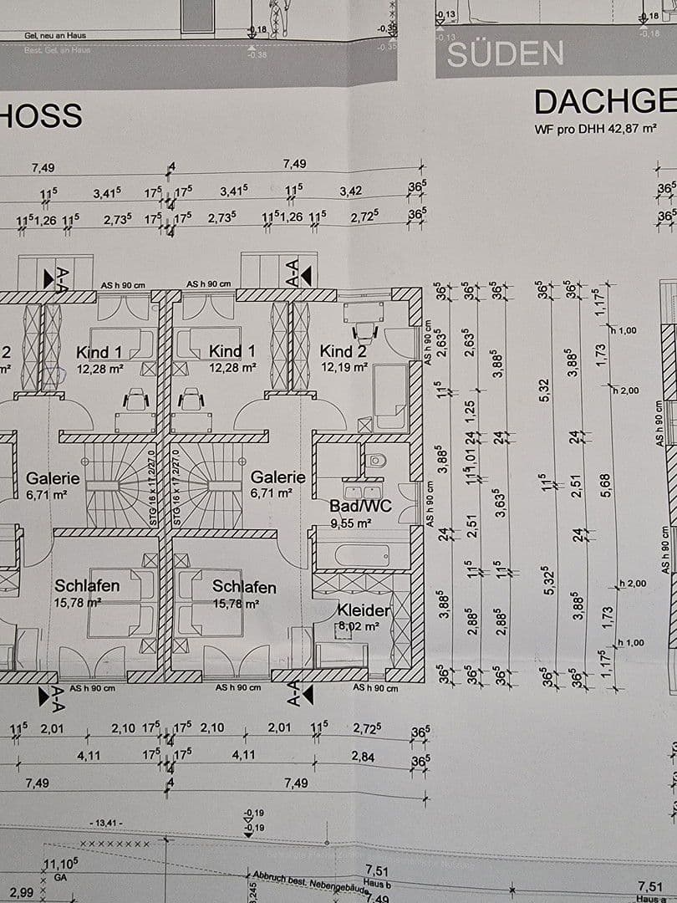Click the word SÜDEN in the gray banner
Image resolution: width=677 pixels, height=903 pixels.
[x=505, y=54]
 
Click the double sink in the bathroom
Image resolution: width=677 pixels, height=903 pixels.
[x=363, y=489]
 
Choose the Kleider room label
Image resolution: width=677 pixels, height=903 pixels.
[x=364, y=610]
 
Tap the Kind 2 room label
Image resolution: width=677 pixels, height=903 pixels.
[x=344, y=351]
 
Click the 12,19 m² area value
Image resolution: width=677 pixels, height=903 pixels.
[x=343, y=366]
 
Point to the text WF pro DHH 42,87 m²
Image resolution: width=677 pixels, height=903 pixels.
[x=595, y=130]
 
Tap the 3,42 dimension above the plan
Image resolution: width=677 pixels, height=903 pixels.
[x=350, y=191]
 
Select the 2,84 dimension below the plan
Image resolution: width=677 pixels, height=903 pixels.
[x=363, y=757]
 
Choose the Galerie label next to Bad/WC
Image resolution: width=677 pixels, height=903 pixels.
[x=278, y=477]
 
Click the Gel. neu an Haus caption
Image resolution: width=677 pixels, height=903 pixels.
[x=43, y=35]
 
